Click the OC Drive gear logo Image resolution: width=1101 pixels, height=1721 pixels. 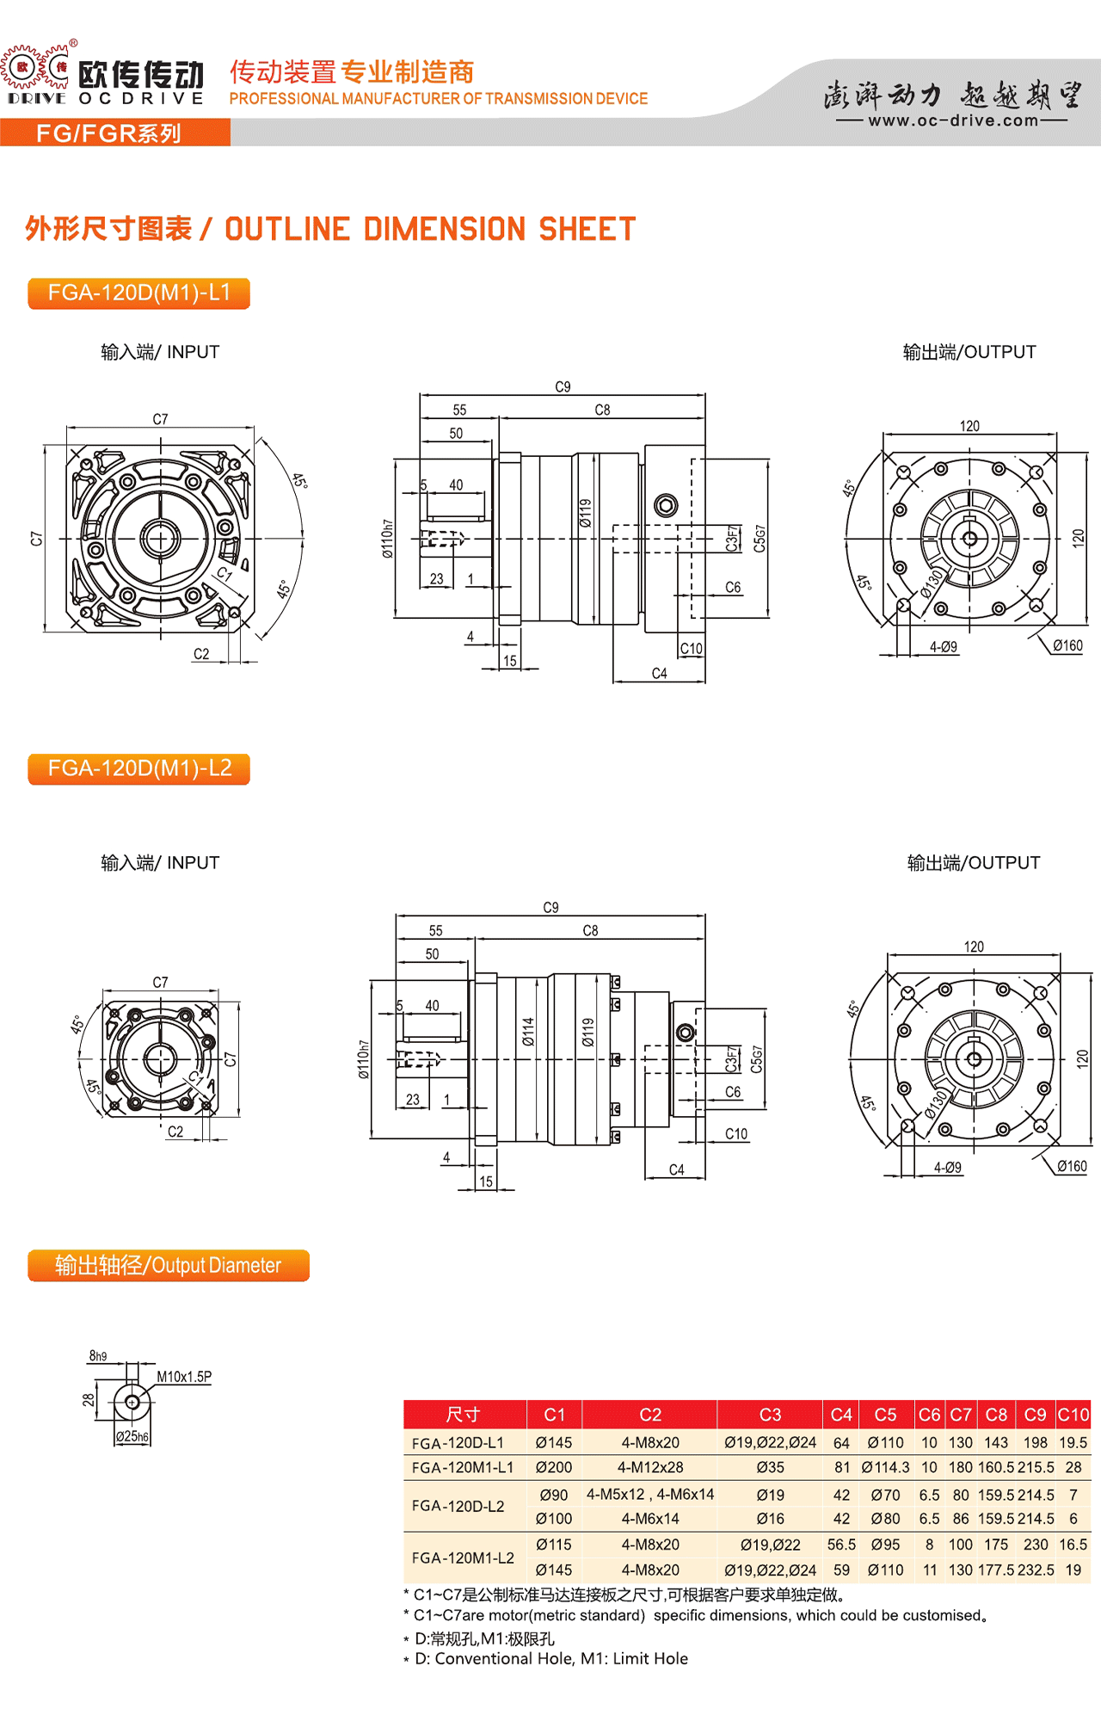point(36,67)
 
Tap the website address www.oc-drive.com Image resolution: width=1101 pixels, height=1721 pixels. point(953,120)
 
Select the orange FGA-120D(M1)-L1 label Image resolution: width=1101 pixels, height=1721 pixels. point(139,293)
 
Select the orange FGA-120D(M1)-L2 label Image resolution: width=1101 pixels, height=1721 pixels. point(139,768)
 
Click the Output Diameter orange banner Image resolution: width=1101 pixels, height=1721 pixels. point(169,1266)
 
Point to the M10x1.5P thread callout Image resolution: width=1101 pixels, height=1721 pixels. point(184,1377)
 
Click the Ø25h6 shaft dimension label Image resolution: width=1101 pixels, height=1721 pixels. point(132,1436)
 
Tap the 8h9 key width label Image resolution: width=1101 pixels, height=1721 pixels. point(98,1356)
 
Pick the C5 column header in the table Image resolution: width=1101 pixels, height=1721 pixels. point(885,1415)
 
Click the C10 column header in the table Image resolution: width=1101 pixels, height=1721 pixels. point(1073,1415)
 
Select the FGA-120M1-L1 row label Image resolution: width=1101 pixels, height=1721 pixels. point(463,1467)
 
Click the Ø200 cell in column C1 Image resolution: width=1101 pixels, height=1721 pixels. point(554,1467)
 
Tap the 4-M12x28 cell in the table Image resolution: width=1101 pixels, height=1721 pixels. point(650,1467)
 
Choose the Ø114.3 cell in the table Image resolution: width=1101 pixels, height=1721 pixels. point(885,1467)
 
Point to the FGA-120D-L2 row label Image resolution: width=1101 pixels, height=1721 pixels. point(458,1506)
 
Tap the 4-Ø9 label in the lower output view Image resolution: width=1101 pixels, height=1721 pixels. point(948,1168)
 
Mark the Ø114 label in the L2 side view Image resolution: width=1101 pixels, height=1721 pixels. point(528,1032)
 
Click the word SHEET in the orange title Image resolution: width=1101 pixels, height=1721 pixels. point(587,229)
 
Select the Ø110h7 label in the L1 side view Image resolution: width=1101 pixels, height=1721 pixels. point(388,540)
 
